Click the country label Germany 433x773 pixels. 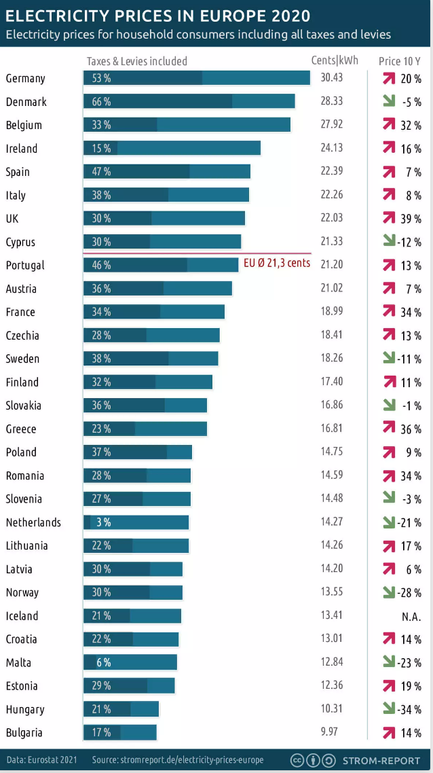pyautogui.click(x=25, y=78)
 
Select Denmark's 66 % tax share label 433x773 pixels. pyautogui.click(x=101, y=102)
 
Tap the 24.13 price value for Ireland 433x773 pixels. pyautogui.click(x=332, y=148)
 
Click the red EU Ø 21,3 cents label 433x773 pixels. pyautogui.click(x=276, y=263)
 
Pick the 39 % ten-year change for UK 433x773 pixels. pyautogui.click(x=411, y=219)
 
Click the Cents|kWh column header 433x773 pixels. pyautogui.click(x=335, y=60)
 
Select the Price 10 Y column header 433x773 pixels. pyautogui.click(x=399, y=61)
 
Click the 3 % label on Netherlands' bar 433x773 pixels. pyautogui.click(x=103, y=522)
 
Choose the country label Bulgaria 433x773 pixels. pyautogui.click(x=24, y=733)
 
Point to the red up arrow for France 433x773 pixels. pyautogui.click(x=389, y=311)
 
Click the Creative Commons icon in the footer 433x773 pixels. pyautogui.click(x=297, y=759)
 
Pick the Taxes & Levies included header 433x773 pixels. pyautogui.click(x=136, y=61)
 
